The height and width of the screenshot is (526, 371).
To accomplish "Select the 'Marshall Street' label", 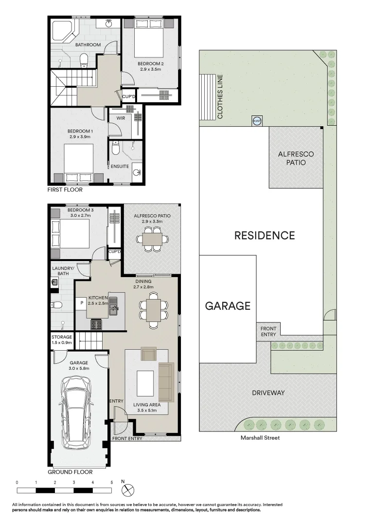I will (260, 438).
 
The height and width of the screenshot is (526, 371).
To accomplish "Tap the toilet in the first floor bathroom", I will (84, 60).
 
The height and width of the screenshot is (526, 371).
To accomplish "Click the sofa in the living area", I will (166, 382).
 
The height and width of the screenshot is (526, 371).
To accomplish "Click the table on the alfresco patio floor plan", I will (152, 239).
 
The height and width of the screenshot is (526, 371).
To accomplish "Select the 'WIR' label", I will (121, 118).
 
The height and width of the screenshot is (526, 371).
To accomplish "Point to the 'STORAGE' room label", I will (62, 337).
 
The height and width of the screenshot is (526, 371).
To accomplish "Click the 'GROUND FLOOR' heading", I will (70, 472).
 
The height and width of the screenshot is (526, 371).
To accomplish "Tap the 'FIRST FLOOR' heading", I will (65, 190).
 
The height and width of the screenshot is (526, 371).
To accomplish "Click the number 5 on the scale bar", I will (112, 482).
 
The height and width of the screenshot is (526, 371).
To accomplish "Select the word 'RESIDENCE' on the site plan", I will (265, 236).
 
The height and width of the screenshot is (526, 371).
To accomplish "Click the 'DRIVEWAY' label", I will (268, 393).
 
